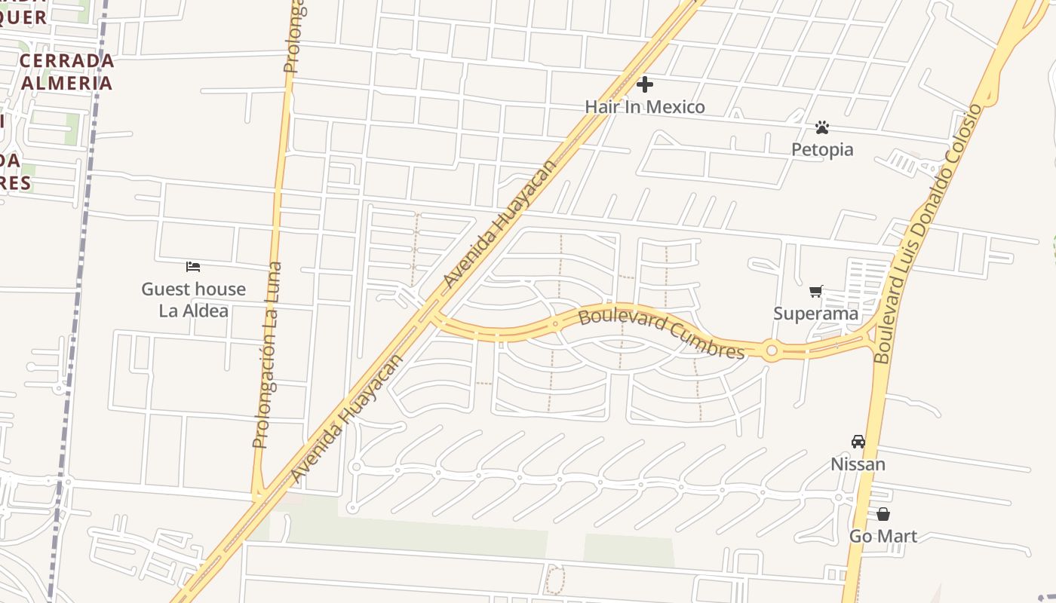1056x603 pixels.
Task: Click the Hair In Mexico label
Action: (645, 107)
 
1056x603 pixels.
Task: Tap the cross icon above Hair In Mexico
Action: (645, 84)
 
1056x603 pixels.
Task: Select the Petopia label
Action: (822, 149)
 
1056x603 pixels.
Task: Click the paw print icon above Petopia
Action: (822, 127)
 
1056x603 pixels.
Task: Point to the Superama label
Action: (816, 314)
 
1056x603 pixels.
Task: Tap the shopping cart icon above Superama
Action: (815, 291)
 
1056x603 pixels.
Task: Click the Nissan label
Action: (858, 464)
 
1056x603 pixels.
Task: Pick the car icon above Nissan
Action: (858, 442)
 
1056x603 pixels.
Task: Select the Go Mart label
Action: (883, 537)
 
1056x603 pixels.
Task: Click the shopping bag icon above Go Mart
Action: (883, 514)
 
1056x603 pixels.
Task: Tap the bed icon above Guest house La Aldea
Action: (193, 267)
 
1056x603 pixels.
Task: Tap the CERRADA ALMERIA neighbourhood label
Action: (67, 72)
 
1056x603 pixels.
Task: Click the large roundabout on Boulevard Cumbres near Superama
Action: (771, 350)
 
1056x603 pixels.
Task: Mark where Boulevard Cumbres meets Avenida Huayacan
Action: (436, 315)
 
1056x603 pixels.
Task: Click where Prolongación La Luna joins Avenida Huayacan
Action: (259, 497)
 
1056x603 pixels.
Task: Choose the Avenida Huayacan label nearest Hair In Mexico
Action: (499, 223)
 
